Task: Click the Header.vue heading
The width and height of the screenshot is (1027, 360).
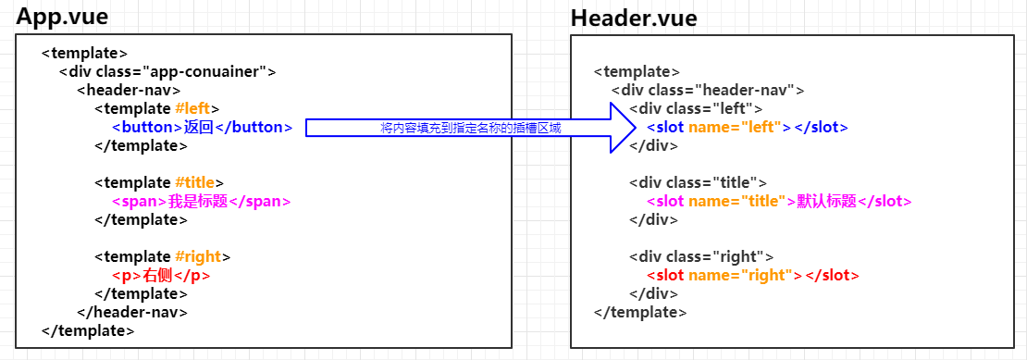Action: point(634,18)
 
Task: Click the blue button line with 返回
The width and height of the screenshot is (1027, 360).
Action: point(203,127)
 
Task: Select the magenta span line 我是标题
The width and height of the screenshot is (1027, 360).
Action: point(201,201)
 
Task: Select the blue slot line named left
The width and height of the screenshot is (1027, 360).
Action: point(747,127)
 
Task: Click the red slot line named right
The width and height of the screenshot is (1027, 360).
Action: point(753,275)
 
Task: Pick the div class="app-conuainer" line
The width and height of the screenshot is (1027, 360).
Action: point(167,71)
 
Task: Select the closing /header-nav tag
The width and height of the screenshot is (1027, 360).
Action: point(133,312)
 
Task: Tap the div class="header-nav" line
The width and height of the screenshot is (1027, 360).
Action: point(708,90)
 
